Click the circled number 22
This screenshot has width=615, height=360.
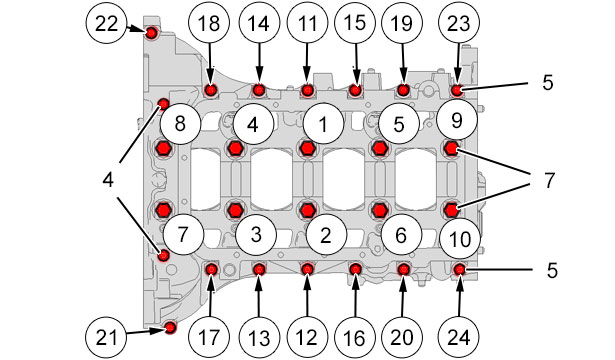pyautogui.click(x=106, y=23)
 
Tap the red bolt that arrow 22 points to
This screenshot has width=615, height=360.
pyautogui.click(x=151, y=33)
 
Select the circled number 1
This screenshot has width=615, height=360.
pyautogui.click(x=323, y=124)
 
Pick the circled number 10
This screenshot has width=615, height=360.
pyautogui.click(x=460, y=238)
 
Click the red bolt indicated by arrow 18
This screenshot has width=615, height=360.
pyautogui.click(x=211, y=90)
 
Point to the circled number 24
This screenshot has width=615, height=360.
pyautogui.click(x=459, y=337)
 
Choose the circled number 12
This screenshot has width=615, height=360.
pyautogui.click(x=307, y=337)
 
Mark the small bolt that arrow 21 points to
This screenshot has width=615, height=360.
pyautogui.click(x=170, y=327)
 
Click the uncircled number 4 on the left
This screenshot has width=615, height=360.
pyautogui.click(x=108, y=180)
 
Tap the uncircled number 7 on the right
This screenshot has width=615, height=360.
pyautogui.click(x=549, y=180)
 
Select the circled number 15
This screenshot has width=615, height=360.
pyautogui.click(x=355, y=23)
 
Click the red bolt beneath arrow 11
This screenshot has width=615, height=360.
pyautogui.click(x=307, y=91)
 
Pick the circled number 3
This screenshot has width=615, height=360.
pyautogui.click(x=256, y=235)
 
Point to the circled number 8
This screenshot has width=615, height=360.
pyautogui.click(x=180, y=124)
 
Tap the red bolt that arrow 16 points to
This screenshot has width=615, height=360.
pyautogui.click(x=355, y=269)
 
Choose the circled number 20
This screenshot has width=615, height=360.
pyautogui.click(x=402, y=337)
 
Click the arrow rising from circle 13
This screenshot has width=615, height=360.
pyautogui.click(x=258, y=296)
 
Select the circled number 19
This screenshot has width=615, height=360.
pyautogui.click(x=402, y=23)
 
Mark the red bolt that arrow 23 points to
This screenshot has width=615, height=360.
pyautogui.click(x=457, y=91)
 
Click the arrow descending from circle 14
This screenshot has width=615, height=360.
pyautogui.click(x=259, y=63)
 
